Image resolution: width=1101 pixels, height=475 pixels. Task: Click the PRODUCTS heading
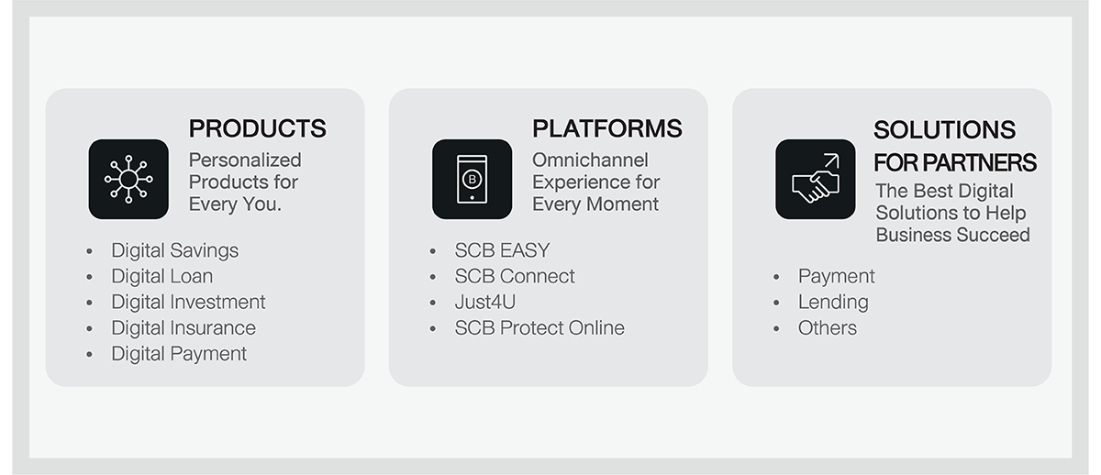[257, 128]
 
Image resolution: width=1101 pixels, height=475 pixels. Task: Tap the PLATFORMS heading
[607, 128]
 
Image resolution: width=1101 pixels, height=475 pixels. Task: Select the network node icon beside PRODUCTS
[128, 180]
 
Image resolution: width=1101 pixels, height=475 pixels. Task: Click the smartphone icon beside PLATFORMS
[472, 180]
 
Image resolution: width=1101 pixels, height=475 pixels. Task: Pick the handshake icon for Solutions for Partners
[816, 180]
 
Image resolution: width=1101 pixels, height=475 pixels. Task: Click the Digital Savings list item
[174, 251]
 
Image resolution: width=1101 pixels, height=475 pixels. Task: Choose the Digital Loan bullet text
[161, 277]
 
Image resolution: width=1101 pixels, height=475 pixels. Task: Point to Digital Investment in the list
[188, 302]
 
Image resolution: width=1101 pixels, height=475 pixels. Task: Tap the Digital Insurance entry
[183, 328]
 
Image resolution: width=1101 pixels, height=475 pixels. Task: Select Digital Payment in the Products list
[179, 354]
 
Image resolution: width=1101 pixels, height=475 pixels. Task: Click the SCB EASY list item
[502, 250]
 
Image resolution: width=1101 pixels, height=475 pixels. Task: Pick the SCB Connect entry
[514, 277]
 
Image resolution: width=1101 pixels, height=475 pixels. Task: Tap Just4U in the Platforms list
[484, 302]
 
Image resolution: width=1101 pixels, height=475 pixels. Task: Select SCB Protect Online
[539, 328]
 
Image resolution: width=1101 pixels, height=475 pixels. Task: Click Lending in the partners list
[833, 303]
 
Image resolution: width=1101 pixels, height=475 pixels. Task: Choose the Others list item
[827, 328]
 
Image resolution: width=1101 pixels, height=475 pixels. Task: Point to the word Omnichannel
[590, 160]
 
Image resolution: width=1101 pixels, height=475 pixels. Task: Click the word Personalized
[245, 160]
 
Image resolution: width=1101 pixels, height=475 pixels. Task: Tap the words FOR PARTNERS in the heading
[954, 163]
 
